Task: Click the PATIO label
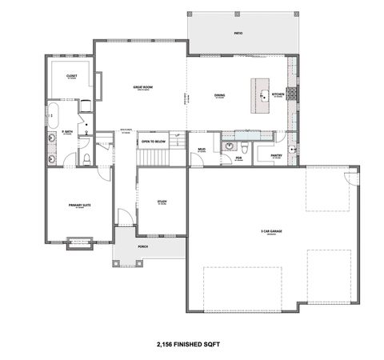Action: (x=237, y=34)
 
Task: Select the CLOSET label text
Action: (x=70, y=75)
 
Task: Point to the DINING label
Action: (x=219, y=96)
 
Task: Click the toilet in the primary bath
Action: (x=86, y=158)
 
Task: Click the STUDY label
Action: (x=162, y=202)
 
